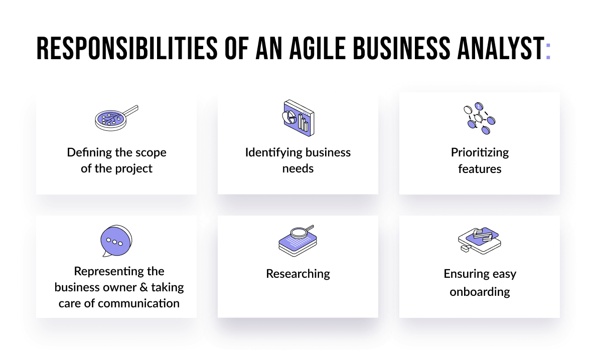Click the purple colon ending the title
coord(548,50)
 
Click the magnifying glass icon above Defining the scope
coord(116,118)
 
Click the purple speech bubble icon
coord(116,241)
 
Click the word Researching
coord(298,274)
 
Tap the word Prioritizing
coord(480,152)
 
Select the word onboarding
coord(480,291)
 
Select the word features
coord(480,169)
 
